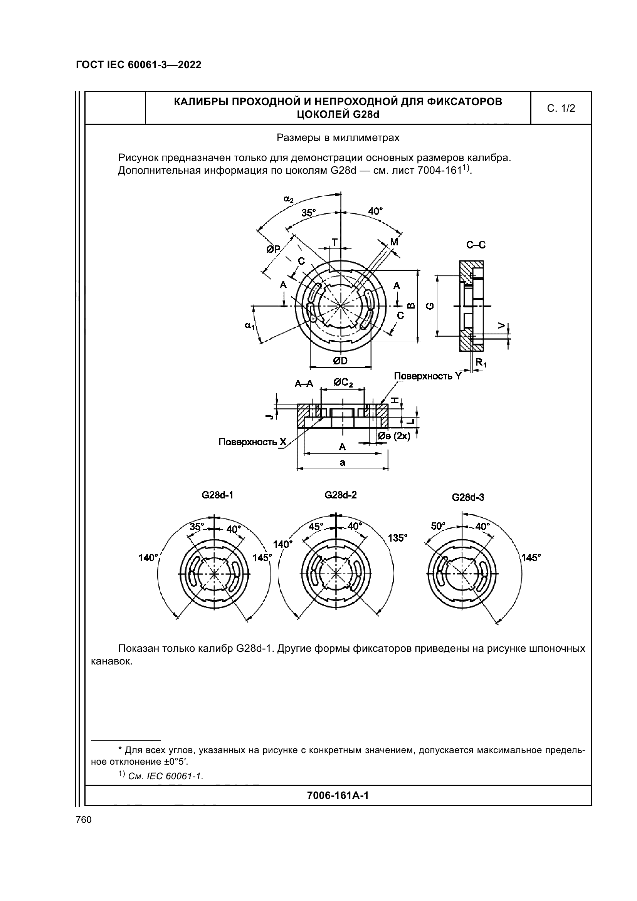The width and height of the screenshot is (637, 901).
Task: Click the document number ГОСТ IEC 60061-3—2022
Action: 138,65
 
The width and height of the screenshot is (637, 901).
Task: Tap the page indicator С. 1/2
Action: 561,108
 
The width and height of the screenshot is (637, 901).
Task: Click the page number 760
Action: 84,820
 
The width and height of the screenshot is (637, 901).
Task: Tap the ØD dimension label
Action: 340,361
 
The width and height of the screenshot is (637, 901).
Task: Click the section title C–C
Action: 476,245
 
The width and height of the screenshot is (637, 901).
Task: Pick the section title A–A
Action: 304,384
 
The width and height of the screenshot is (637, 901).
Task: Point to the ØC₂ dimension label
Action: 343,382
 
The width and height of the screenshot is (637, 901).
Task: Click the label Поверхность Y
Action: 427,376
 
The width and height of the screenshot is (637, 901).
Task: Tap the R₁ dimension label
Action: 481,362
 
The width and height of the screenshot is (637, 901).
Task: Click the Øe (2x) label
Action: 394,436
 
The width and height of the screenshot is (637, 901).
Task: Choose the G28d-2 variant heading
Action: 340,495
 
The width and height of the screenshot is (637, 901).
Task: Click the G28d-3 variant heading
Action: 468,498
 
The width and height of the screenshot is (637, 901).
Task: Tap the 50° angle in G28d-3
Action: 438,526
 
